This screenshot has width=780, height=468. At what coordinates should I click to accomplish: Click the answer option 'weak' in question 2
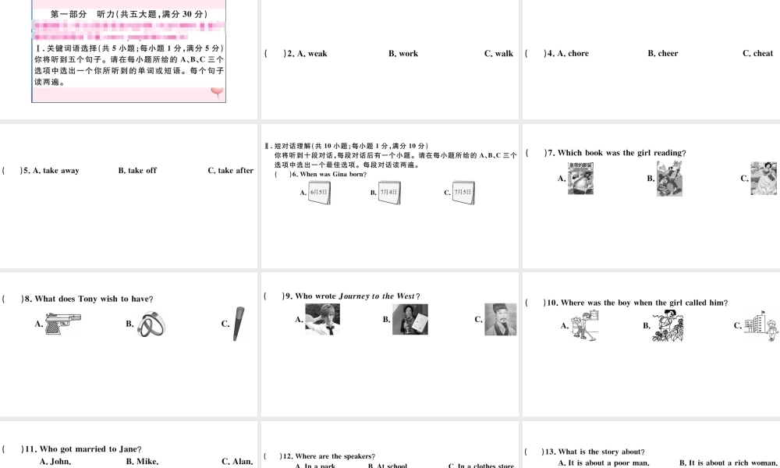pyautogui.click(x=317, y=54)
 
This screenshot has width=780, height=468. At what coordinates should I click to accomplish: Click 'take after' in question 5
pyautogui.click(x=235, y=171)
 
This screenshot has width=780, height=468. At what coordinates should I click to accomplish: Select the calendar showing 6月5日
pyautogui.click(x=320, y=193)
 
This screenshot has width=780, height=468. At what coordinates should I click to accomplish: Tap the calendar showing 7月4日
pyautogui.click(x=389, y=193)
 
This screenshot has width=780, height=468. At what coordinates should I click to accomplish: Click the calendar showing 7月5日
pyautogui.click(x=463, y=193)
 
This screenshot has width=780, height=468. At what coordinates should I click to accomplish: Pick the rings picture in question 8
pyautogui.click(x=150, y=324)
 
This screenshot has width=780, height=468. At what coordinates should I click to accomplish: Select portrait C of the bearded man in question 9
pyautogui.click(x=500, y=319)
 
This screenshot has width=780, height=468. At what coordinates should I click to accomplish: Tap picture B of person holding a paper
pyautogui.click(x=410, y=319)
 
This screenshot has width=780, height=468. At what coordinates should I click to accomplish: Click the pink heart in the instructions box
pyautogui.click(x=217, y=93)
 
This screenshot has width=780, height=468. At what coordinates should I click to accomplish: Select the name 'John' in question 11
pyautogui.click(x=59, y=461)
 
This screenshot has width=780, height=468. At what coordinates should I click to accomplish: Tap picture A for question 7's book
pyautogui.click(x=580, y=179)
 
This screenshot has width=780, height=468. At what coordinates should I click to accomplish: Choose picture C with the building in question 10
pyautogui.click(x=761, y=325)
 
